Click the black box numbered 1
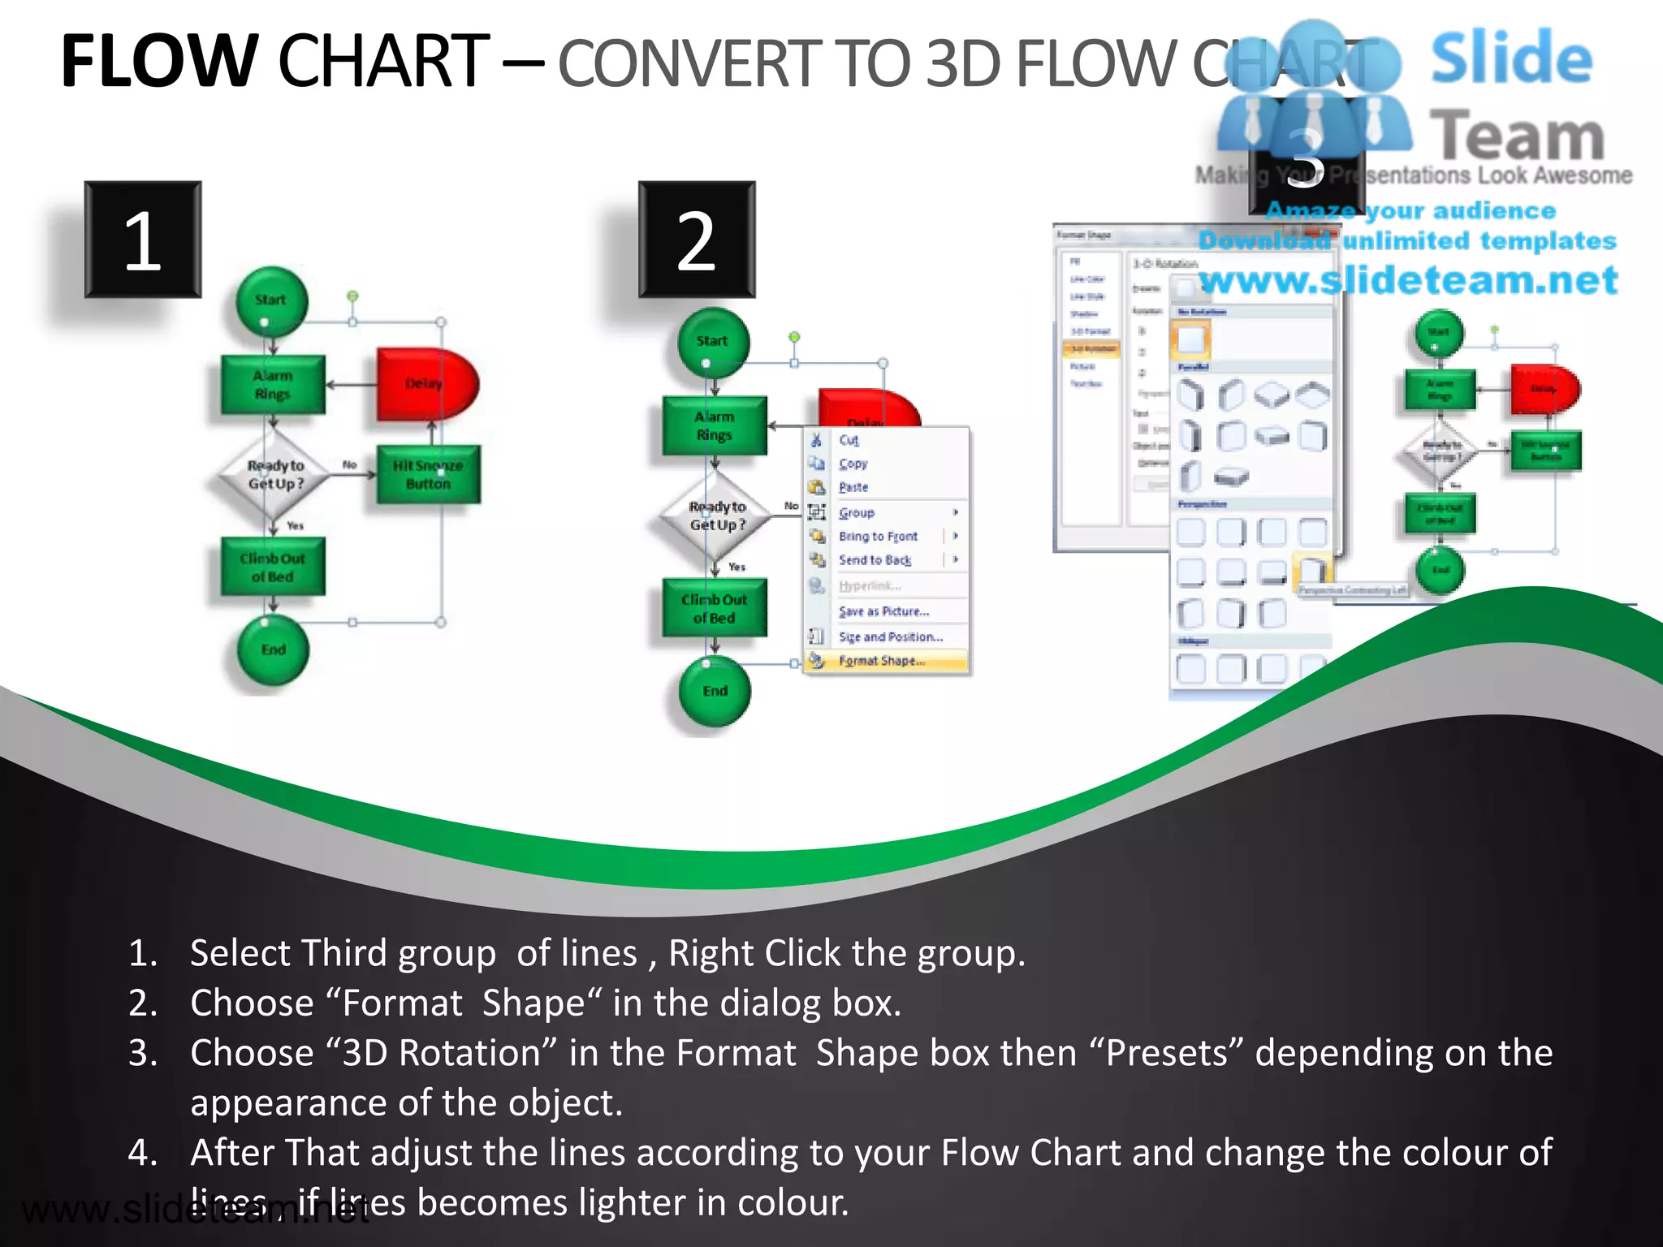click(143, 239)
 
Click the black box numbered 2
click(697, 239)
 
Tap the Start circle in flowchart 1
click(271, 301)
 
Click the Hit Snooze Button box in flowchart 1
click(428, 475)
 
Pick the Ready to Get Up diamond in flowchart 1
click(275, 475)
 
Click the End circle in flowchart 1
click(273, 649)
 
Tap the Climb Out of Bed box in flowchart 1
click(273, 567)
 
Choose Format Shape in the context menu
click(882, 661)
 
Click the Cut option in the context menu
click(849, 440)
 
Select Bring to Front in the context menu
click(878, 537)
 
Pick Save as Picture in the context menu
click(883, 611)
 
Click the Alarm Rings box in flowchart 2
click(715, 425)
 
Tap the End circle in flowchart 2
click(715, 691)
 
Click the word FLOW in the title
click(159, 62)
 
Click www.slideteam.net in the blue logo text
click(1409, 280)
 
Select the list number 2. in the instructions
click(143, 1003)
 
